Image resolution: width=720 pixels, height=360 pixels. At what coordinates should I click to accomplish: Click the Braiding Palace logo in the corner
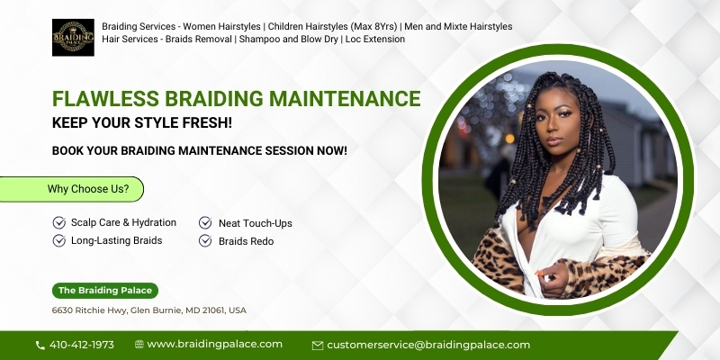[73, 38]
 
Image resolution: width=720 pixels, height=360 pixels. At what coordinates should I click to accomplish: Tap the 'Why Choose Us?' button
[72, 189]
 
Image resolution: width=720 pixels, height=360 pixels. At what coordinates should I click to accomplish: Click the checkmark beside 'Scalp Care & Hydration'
[59, 222]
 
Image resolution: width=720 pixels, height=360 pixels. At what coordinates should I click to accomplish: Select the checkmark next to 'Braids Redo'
[205, 240]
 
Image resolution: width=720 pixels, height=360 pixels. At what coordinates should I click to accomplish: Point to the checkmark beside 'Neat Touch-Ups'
[205, 222]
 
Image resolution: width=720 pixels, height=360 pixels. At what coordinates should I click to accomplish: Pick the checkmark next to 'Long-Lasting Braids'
[59, 240]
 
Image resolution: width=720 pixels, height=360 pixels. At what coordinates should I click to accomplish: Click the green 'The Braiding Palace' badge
[105, 291]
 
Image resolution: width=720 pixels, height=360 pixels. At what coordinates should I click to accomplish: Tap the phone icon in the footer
[40, 346]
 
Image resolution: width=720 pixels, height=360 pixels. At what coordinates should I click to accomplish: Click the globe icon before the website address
[139, 345]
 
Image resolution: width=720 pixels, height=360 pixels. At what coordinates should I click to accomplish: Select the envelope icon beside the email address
[318, 346]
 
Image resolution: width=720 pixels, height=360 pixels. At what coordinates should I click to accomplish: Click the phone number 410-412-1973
[82, 345]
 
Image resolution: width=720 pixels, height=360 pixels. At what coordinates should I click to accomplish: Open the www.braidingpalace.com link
[215, 345]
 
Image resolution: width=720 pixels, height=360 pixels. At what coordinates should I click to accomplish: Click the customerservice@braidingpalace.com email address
[428, 345]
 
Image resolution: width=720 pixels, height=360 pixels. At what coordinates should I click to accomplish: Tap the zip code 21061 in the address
[214, 310]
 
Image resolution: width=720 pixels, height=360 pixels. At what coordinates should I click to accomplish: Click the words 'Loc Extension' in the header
[375, 39]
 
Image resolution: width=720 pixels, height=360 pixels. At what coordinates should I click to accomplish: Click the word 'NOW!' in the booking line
[331, 150]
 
